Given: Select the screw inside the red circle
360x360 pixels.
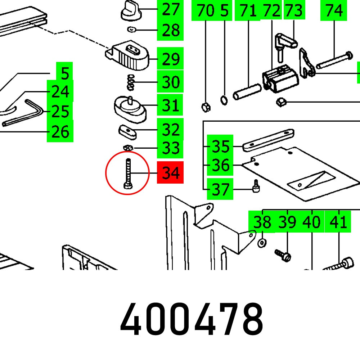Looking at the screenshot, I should pos(128,173).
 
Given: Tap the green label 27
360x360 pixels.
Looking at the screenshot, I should pos(170,10).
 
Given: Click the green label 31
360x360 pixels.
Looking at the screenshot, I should pos(170,105).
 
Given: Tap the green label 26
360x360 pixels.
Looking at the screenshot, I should pos(60,132).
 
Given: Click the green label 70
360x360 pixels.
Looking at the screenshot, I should pos(206,11).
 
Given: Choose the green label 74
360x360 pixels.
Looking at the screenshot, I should pos(334,11).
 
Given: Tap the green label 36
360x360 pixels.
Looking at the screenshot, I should pos(220,165).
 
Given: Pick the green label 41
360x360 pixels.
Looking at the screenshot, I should pos(338,222).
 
